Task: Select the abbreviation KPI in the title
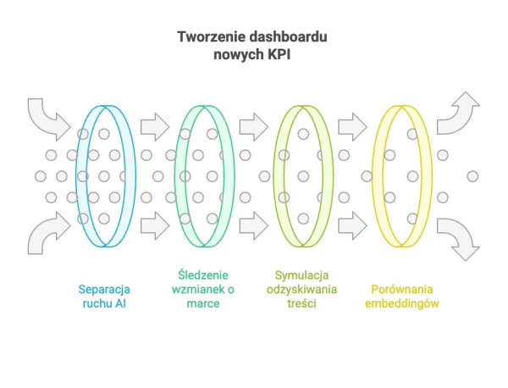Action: pyautogui.click(x=279, y=54)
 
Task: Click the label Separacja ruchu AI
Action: pyautogui.click(x=104, y=297)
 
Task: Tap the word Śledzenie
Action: pyautogui.click(x=203, y=275)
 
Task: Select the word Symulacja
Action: pyautogui.click(x=301, y=275)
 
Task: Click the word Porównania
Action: pyautogui.click(x=402, y=289)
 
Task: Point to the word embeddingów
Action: pyautogui.click(x=402, y=303)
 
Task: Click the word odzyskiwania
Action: pyautogui.click(x=301, y=290)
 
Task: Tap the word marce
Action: pyautogui.click(x=203, y=304)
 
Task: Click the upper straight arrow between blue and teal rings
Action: pyautogui.click(x=155, y=127)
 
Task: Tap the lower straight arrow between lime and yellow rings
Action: pyautogui.click(x=352, y=225)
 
